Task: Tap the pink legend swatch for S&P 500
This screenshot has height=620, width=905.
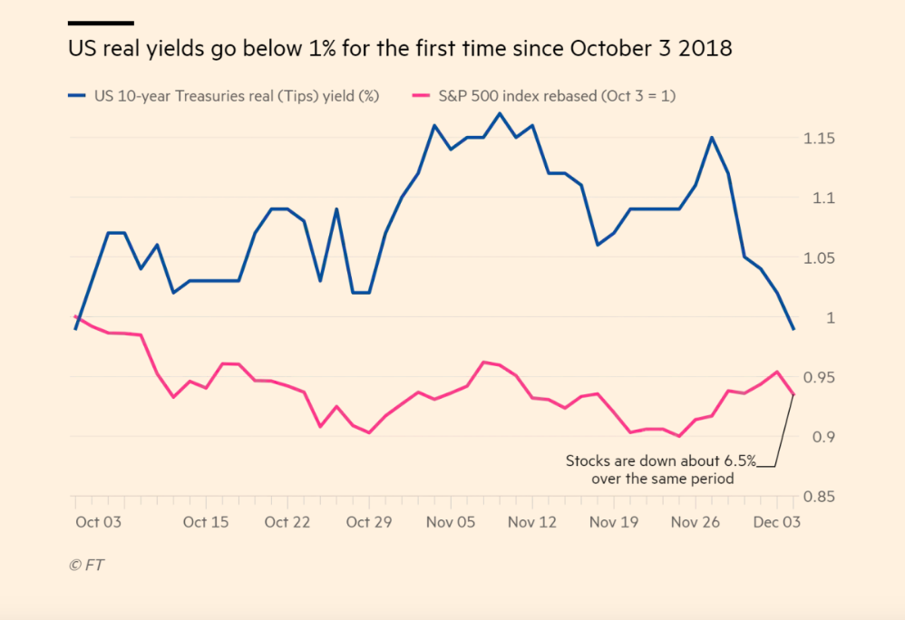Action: point(420,94)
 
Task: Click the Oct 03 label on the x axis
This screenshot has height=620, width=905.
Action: point(101,522)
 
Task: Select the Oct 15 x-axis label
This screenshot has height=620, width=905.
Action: point(206,522)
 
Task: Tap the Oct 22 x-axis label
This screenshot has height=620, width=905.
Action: point(288,522)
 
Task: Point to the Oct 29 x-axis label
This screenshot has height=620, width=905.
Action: point(370,522)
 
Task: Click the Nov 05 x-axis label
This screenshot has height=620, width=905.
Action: point(451,522)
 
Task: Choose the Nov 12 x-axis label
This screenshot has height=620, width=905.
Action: point(532,522)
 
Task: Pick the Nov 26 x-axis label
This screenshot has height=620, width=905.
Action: point(695,522)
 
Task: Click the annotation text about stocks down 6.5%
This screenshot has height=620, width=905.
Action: point(661,469)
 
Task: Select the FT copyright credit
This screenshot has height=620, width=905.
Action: point(87,565)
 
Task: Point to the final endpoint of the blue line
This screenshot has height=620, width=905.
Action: point(794,329)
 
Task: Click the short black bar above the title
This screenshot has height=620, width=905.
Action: point(101,23)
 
